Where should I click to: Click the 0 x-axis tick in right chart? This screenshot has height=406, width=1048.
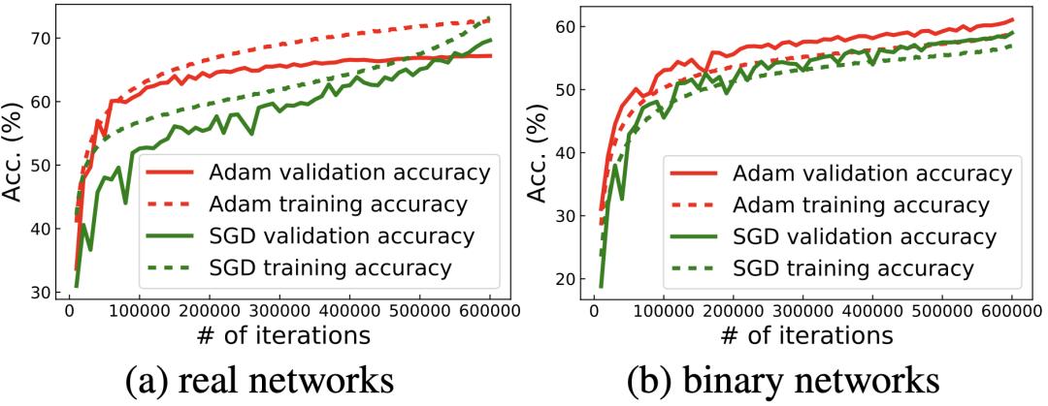tap(595, 312)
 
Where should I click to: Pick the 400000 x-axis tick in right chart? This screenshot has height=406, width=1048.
tap(874, 312)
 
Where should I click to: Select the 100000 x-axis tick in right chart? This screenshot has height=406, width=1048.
tap(665, 312)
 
